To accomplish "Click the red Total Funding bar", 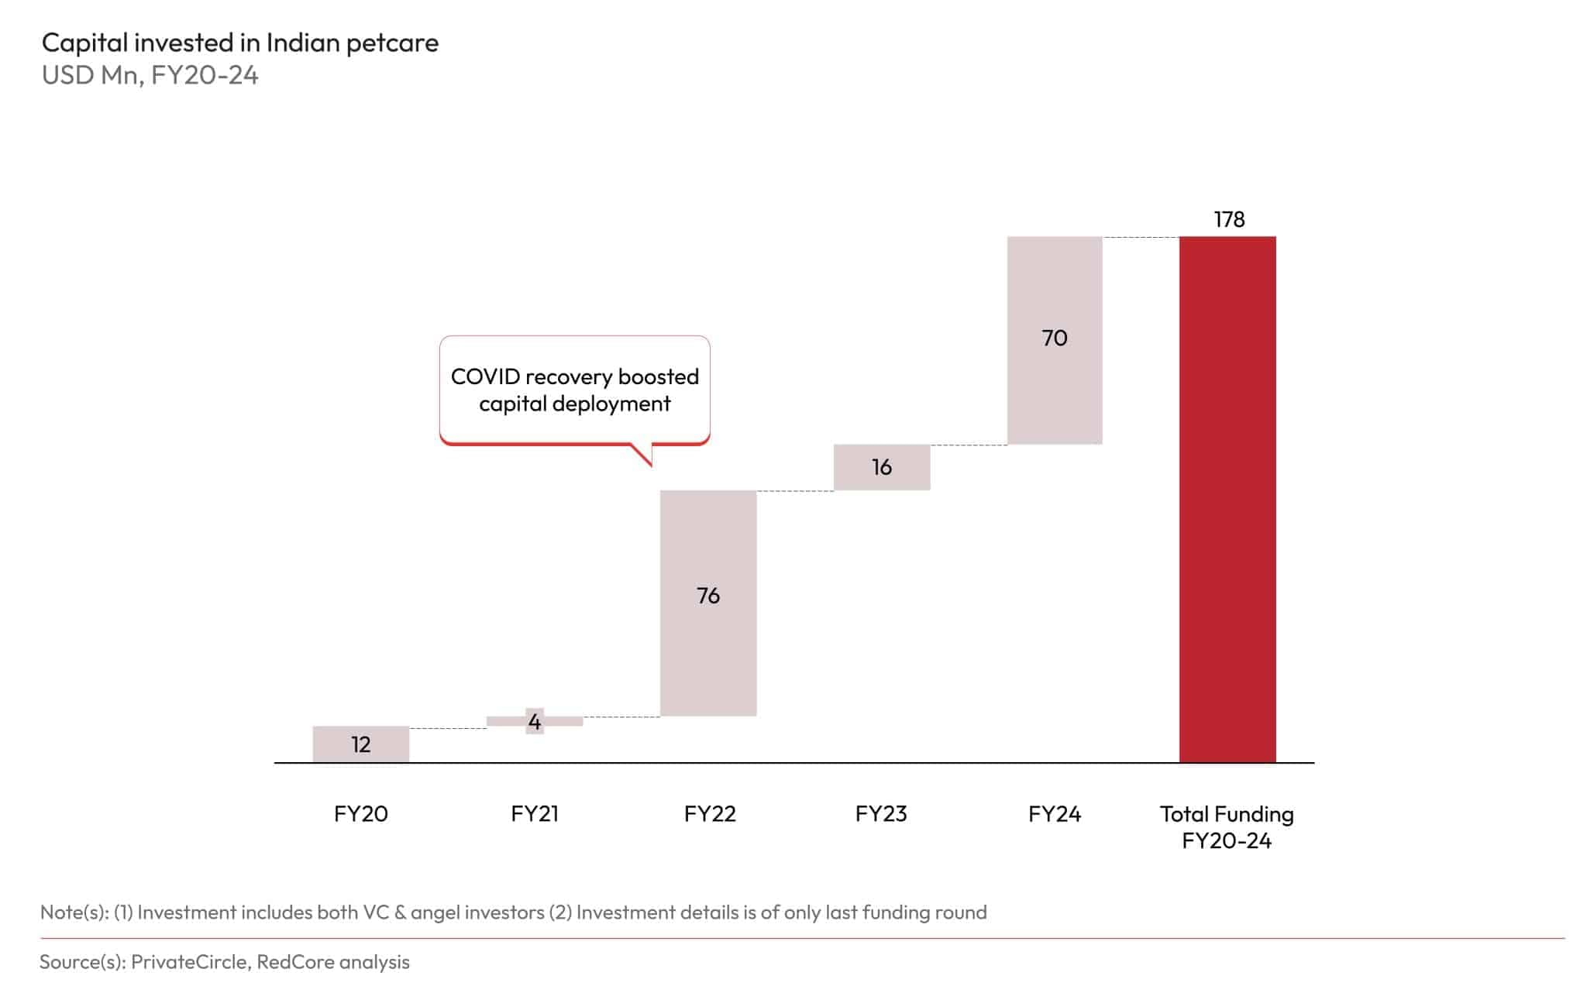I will (x=1227, y=500).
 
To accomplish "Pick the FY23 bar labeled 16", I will (x=881, y=467).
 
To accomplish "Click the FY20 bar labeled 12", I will (x=360, y=744).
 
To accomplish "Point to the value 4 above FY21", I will (x=534, y=722).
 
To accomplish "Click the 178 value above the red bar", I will (x=1229, y=219).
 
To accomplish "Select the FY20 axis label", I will (x=360, y=813).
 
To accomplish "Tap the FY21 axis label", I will (x=534, y=813).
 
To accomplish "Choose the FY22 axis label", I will (x=709, y=813).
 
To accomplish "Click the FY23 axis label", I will (x=880, y=813).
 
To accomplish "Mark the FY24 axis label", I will (x=1054, y=813).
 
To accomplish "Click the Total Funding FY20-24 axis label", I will (x=1226, y=826).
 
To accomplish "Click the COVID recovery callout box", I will (x=574, y=390).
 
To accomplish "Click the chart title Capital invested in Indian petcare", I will (x=239, y=43).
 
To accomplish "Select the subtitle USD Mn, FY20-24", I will (x=150, y=75).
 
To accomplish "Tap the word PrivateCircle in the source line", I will (x=189, y=961).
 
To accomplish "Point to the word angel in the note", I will (x=435, y=912).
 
